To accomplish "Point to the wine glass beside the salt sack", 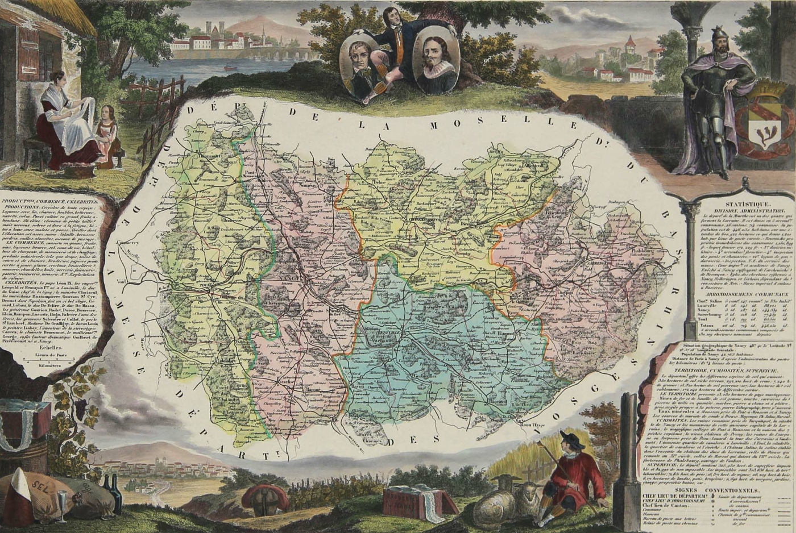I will pos(61,505).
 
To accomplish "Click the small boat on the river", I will pos(229,68).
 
